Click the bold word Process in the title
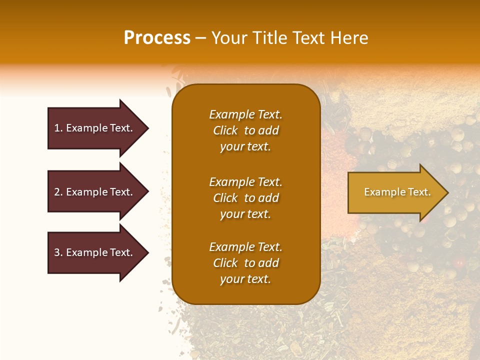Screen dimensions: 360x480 [157, 38]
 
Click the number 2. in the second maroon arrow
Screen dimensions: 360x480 [58, 192]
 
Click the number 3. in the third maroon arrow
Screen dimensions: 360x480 [58, 252]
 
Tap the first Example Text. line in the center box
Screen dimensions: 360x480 [245, 114]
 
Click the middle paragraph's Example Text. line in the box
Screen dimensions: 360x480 [245, 181]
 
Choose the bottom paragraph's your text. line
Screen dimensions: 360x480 [245, 279]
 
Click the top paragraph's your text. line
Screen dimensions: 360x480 [245, 147]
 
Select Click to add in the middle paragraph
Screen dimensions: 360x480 [245, 198]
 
